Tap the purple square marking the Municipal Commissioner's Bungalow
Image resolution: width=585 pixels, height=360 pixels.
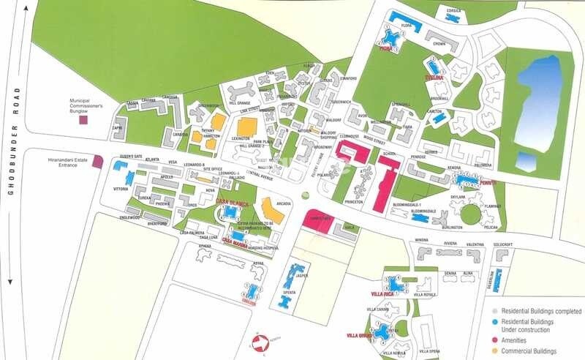[x=83, y=119]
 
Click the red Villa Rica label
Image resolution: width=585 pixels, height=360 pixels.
[x=382, y=293]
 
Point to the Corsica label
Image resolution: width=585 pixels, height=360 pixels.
[x=454, y=10]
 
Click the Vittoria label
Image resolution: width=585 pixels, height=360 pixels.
[x=121, y=188]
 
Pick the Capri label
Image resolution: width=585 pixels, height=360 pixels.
[x=117, y=127]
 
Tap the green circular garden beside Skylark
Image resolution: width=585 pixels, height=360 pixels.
[x=471, y=214]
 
